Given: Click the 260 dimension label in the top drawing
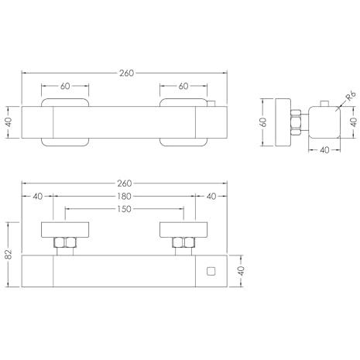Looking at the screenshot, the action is (126, 74).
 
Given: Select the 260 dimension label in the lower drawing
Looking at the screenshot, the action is (125, 183).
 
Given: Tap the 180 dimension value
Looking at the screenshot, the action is (124, 197).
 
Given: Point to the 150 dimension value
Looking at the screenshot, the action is (124, 209).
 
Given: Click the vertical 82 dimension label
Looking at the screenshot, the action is (9, 254).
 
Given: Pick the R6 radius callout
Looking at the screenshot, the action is (351, 96).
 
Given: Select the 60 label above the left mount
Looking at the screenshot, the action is (65, 86).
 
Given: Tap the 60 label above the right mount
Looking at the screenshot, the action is (183, 86).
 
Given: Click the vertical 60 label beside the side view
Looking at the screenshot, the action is (263, 122).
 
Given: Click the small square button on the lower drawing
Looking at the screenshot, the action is (211, 271).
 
